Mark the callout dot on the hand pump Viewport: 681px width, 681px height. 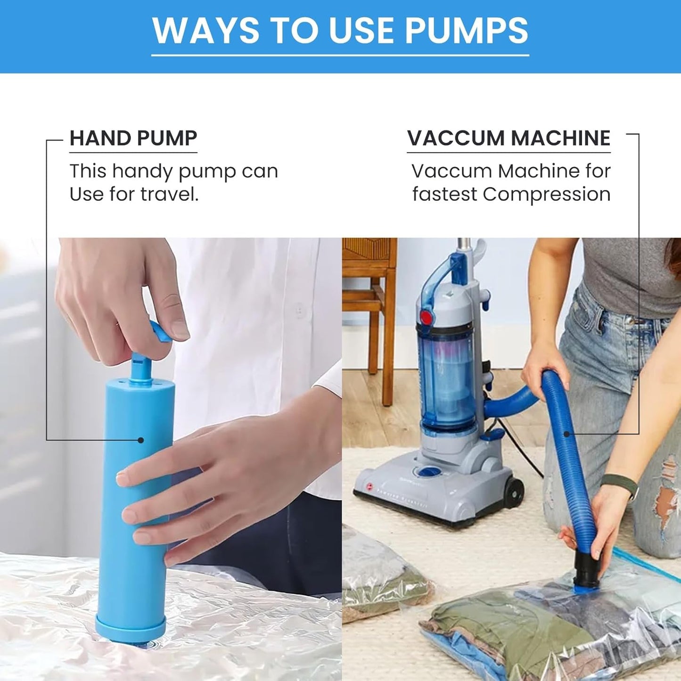[x=140, y=440]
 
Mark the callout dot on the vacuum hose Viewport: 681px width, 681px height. [x=566, y=434]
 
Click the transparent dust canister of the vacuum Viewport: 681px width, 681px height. [x=446, y=378]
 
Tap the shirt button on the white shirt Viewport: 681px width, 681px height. [x=300, y=310]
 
